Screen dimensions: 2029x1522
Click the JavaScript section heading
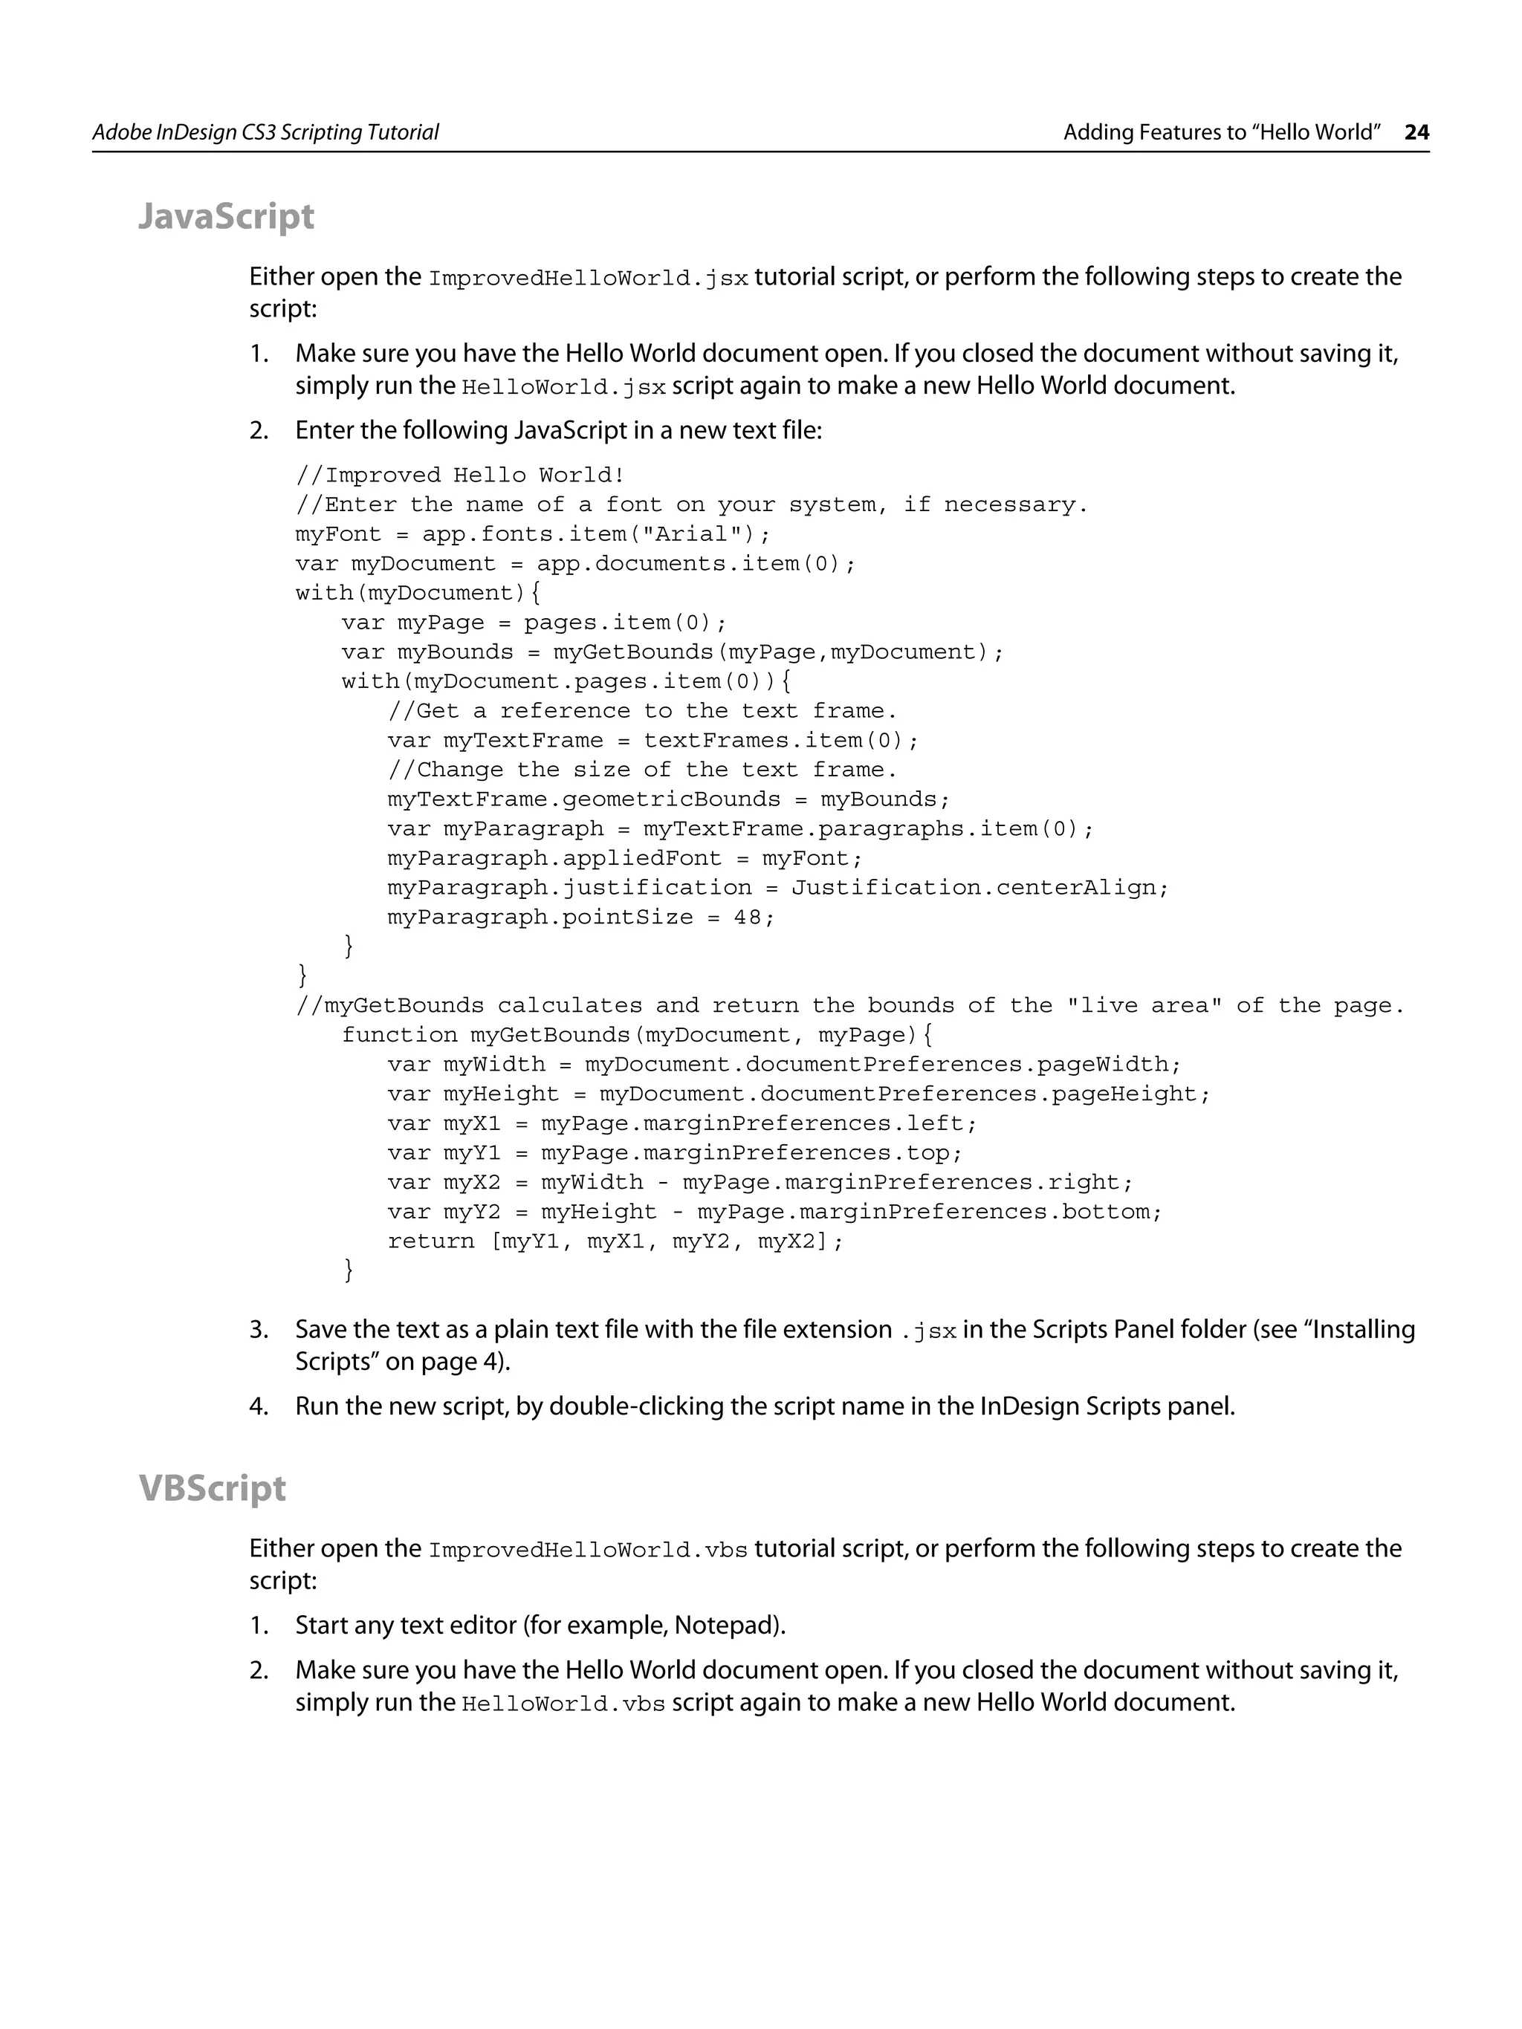tap(226, 216)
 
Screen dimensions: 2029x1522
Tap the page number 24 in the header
tap(1416, 132)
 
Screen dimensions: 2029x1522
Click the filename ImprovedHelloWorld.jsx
tap(588, 278)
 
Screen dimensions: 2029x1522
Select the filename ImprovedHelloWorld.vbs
tap(588, 1551)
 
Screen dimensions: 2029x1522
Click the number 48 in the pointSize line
tap(747, 918)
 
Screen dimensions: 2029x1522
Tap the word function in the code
tap(399, 1035)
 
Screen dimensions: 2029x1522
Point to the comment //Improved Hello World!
tap(459, 475)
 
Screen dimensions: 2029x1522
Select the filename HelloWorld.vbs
tap(563, 1704)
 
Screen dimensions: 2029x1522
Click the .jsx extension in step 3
tap(930, 1331)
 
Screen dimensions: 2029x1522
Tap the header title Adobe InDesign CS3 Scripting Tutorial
tap(265, 132)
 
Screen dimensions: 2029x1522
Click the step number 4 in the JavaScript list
tap(259, 1406)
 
